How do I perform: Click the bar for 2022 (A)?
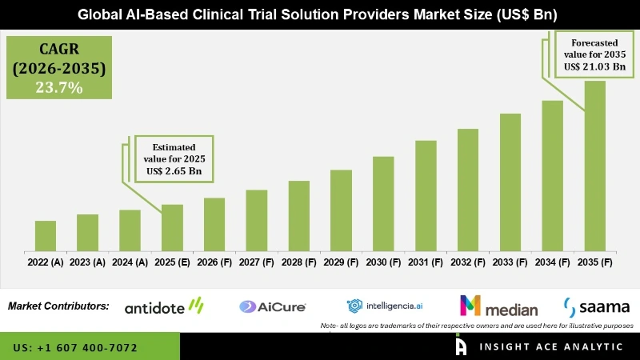(46, 235)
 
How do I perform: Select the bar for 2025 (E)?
(172, 227)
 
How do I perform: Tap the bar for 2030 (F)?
(383, 203)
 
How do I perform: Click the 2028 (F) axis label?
(299, 262)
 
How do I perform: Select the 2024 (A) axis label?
(130, 262)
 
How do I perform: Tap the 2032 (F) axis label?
(468, 262)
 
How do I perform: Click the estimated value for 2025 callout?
(173, 158)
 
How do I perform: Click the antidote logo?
(164, 306)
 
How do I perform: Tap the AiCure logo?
(269, 306)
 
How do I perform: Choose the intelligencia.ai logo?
(386, 306)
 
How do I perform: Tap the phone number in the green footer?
(75, 348)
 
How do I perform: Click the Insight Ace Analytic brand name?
(552, 347)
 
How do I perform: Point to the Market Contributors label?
(58, 306)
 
